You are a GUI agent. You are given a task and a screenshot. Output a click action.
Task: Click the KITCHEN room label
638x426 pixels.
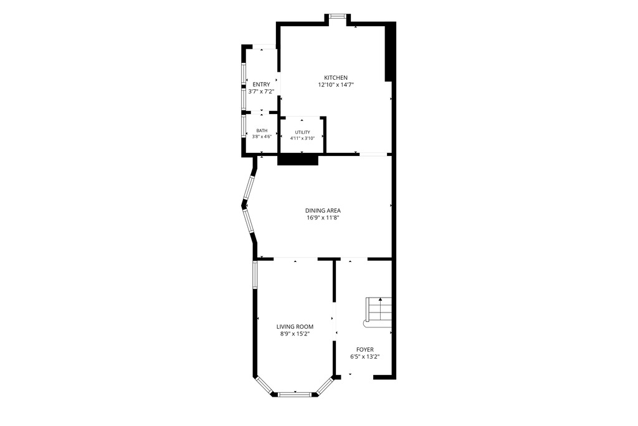[336, 78]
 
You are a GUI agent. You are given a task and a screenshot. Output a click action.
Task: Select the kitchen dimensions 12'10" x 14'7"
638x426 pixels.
[336, 85]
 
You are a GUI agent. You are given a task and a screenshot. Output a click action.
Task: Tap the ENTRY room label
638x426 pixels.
[261, 85]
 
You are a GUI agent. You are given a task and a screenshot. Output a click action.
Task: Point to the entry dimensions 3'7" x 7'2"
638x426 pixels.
[261, 92]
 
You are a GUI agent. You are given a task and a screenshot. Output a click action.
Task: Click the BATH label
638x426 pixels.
[262, 131]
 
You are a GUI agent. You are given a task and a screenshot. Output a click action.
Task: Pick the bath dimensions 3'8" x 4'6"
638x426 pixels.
[262, 137]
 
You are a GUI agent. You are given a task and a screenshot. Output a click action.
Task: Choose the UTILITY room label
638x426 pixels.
[302, 132]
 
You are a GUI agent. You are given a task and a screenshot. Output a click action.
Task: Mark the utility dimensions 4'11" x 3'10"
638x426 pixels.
[302, 138]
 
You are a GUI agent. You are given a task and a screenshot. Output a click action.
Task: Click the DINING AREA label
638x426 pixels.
[323, 211]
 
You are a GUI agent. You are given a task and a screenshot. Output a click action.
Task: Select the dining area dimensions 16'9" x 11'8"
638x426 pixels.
[323, 218]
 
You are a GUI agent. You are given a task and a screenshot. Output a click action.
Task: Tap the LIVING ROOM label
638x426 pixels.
[295, 327]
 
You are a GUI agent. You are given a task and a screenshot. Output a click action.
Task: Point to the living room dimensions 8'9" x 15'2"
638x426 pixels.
[295, 334]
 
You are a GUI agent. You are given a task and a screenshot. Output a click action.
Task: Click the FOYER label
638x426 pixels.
[365, 350]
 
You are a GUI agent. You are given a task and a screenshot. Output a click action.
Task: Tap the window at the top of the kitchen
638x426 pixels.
[337, 16]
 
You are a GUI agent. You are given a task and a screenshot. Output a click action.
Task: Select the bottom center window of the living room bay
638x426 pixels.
[295, 394]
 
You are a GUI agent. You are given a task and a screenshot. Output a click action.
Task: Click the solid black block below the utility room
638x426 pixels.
[297, 160]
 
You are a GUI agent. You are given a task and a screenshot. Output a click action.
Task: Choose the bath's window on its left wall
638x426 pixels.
[244, 127]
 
